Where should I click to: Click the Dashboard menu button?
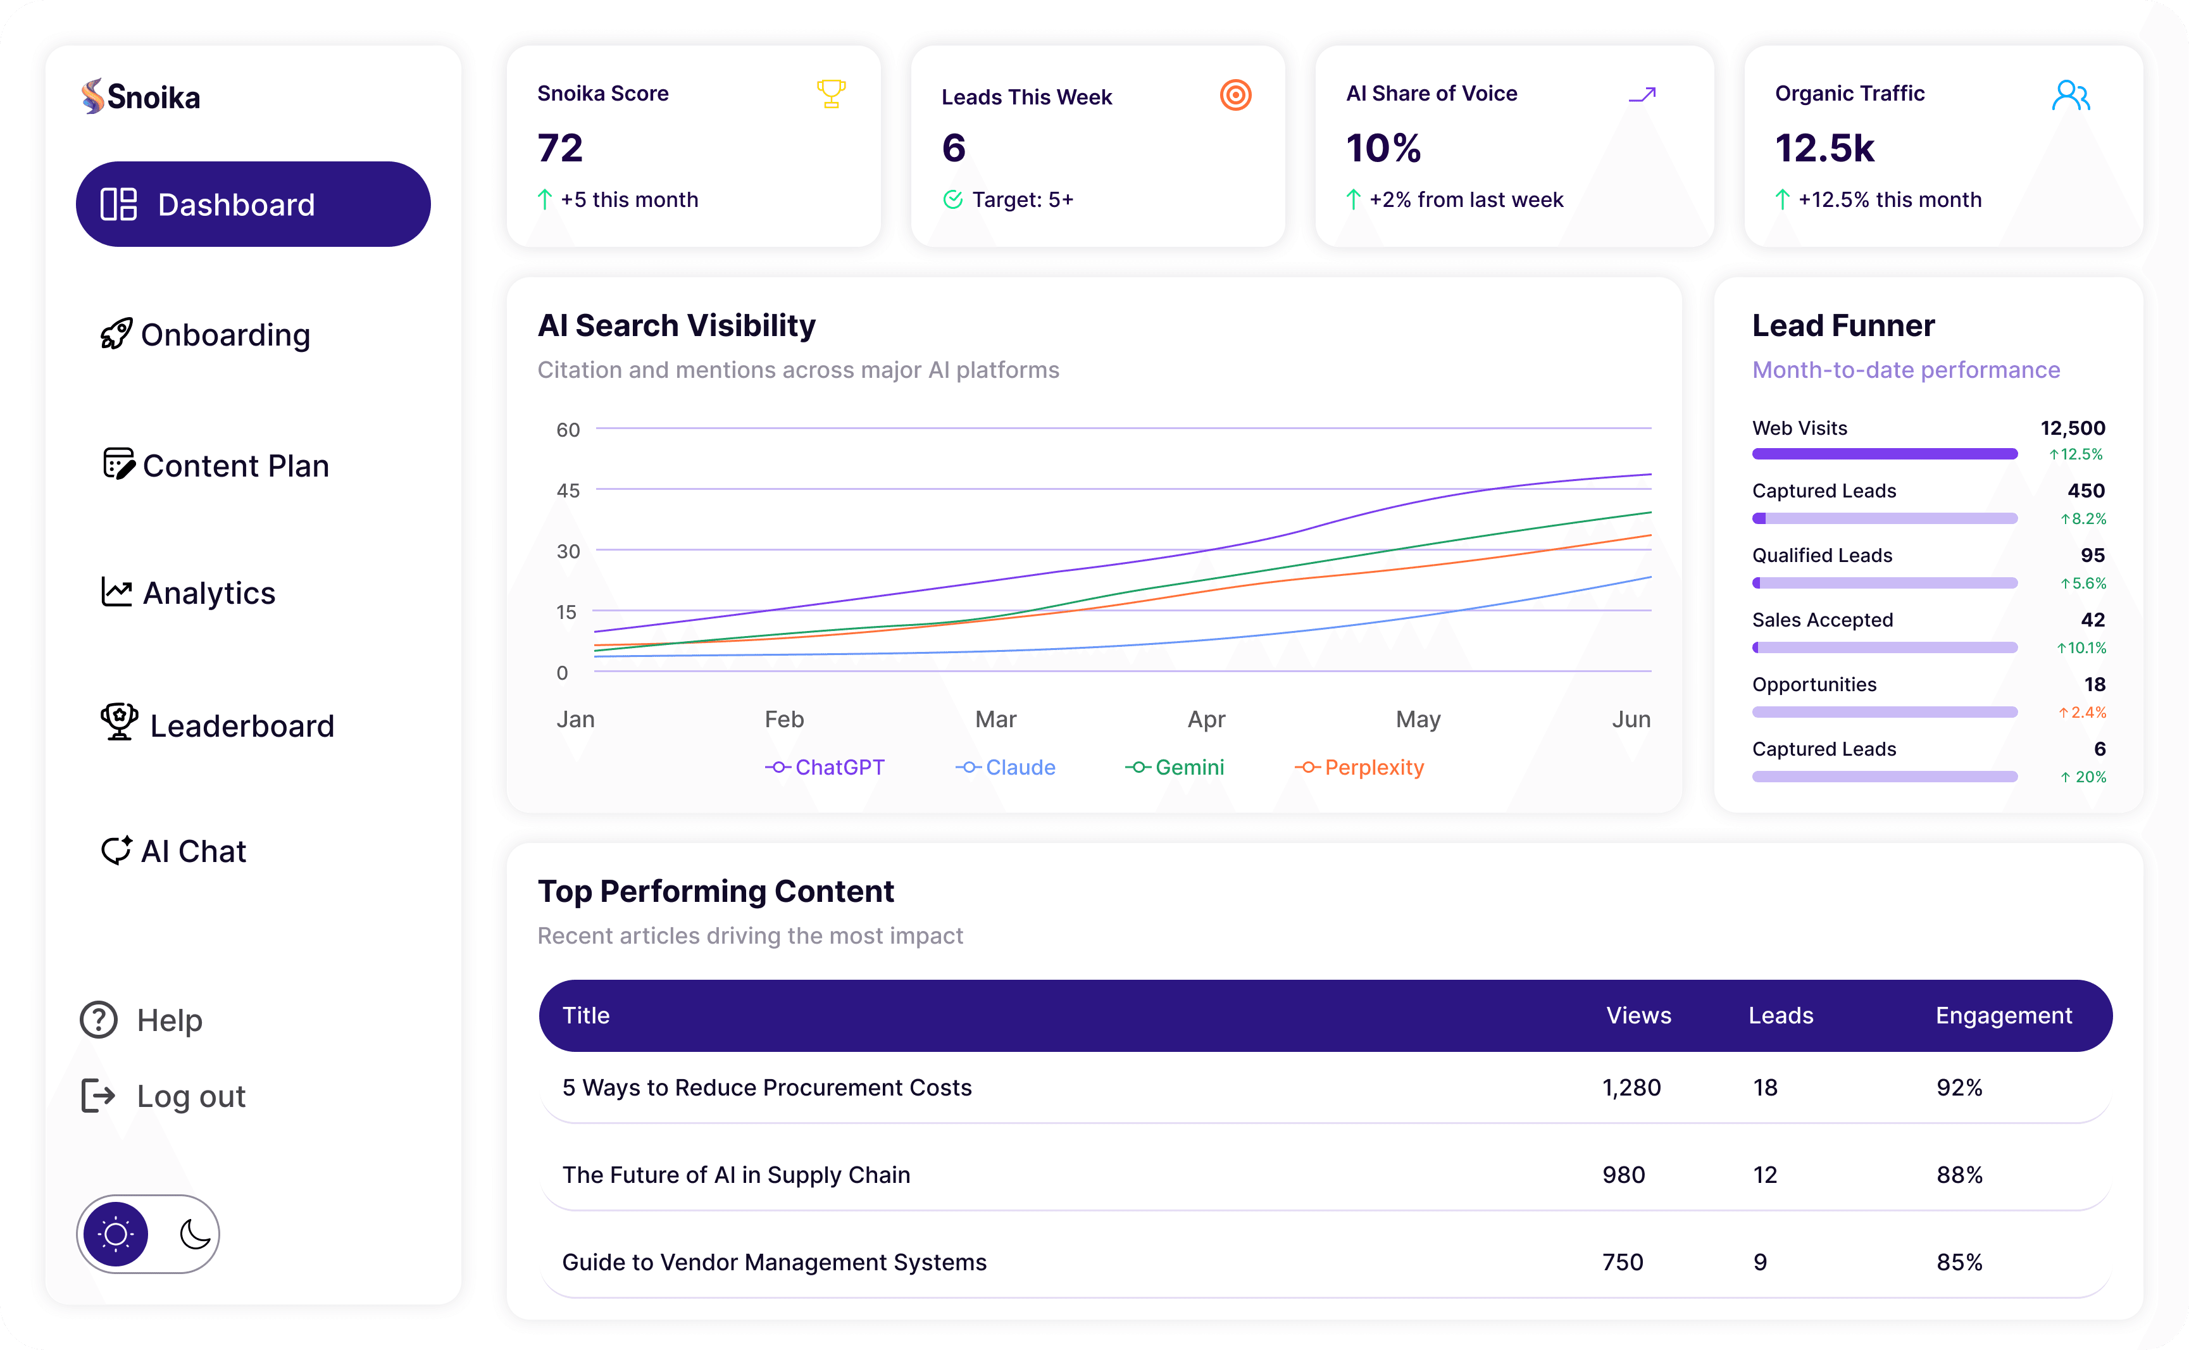coord(253,204)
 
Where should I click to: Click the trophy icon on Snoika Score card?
coord(830,94)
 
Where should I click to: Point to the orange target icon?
coord(1235,95)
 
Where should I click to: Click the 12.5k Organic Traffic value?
coord(1824,148)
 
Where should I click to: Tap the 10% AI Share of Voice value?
coord(1383,148)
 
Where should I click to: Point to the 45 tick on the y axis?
coord(568,490)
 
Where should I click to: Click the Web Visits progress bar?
coord(1884,454)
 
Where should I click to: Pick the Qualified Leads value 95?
coord(2092,555)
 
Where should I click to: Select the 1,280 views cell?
coord(1630,1087)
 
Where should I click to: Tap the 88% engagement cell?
coord(1959,1175)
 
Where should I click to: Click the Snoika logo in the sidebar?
coord(141,96)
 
